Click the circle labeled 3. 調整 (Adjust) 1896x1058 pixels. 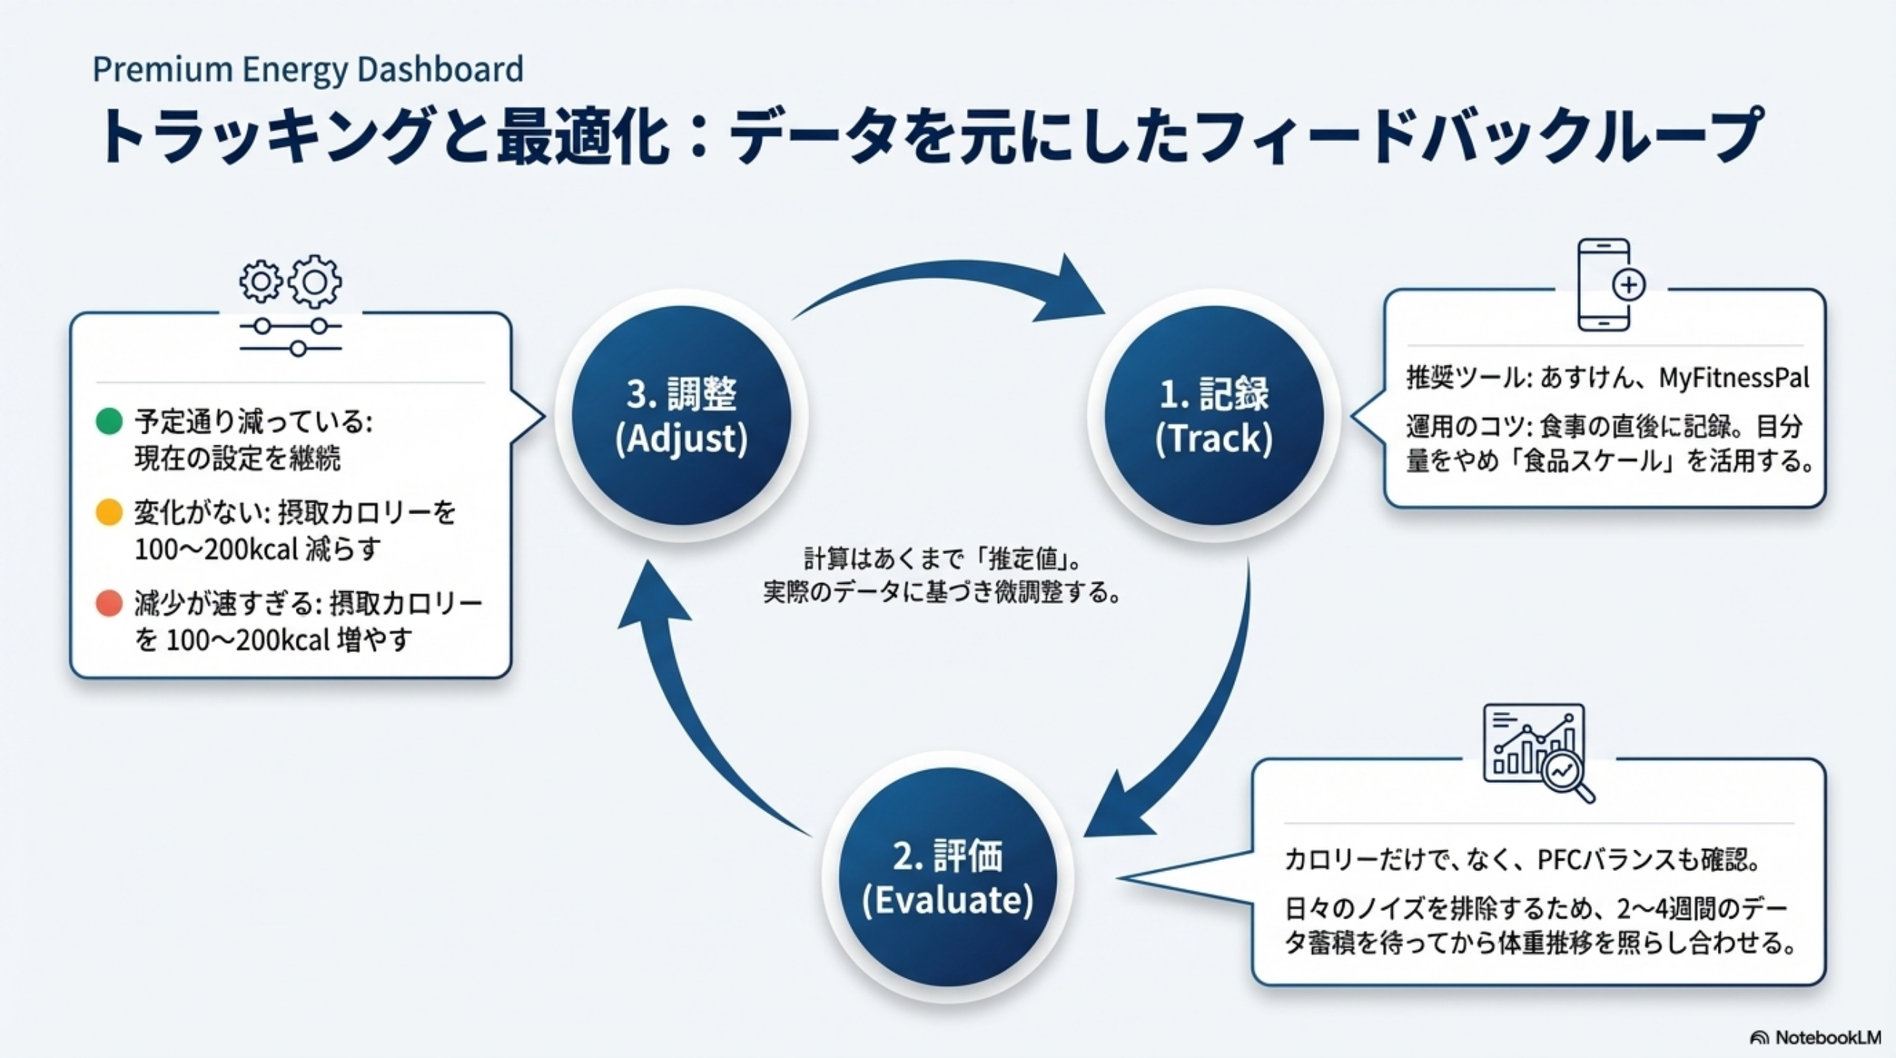tap(681, 415)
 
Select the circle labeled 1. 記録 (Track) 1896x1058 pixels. tap(1213, 415)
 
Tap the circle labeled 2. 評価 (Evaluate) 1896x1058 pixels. tap(947, 877)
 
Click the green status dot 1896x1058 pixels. tap(109, 421)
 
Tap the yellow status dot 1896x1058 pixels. tap(109, 512)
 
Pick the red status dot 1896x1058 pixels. tap(109, 603)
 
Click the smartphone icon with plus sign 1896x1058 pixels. tap(1607, 284)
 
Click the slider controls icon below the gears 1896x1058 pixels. tap(290, 336)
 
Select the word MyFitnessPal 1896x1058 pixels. tap(1733, 378)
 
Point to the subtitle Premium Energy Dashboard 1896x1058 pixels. tap(307, 70)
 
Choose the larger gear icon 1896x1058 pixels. tap(316, 281)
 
